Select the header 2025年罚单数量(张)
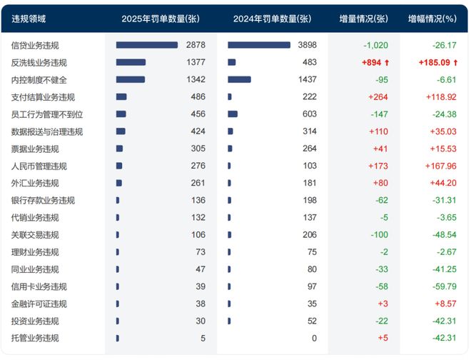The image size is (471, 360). pyautogui.click(x=160, y=19)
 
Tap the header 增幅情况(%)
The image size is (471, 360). pyautogui.click(x=432, y=19)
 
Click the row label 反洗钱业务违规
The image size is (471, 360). pyautogui.click(x=39, y=62)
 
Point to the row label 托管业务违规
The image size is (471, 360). pyautogui.click(x=35, y=339)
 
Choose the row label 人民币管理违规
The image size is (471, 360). pyautogui.click(x=39, y=166)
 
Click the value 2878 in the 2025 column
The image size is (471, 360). pyautogui.click(x=195, y=45)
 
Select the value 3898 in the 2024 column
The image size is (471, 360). pyautogui.click(x=307, y=45)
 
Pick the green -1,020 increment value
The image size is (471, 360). pyautogui.click(x=375, y=45)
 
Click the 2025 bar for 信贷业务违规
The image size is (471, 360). pyautogui.click(x=147, y=45)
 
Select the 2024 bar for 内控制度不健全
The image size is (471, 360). pyautogui.click(x=239, y=79)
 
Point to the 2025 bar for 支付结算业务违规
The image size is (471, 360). pyautogui.click(x=121, y=96)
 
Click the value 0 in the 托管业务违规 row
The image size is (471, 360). pyautogui.click(x=313, y=339)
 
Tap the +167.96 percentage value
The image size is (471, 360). pyautogui.click(x=441, y=166)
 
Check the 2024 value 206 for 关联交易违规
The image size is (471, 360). pyautogui.click(x=309, y=235)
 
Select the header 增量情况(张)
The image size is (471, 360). pyautogui.click(x=363, y=19)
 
